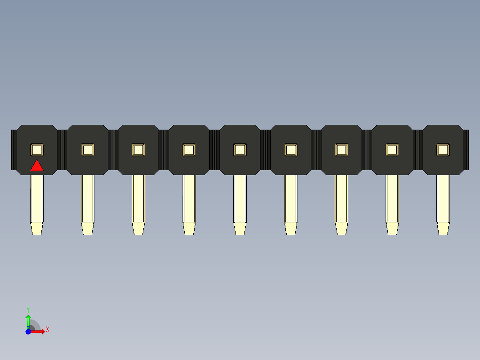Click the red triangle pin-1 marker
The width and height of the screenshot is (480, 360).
coord(37,166)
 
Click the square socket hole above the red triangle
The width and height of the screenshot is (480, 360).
coord(37,150)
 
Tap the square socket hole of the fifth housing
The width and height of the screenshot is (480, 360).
coord(240,150)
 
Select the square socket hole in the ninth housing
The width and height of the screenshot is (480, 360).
coord(443,150)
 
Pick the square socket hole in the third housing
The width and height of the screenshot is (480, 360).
coord(138,150)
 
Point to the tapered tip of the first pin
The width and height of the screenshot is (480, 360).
coord(37,229)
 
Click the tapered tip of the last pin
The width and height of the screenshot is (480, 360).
coord(443,229)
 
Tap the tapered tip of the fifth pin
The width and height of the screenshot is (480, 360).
coord(240,229)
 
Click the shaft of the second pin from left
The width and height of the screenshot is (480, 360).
coord(88,199)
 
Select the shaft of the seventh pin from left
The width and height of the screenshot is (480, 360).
coord(342,199)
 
